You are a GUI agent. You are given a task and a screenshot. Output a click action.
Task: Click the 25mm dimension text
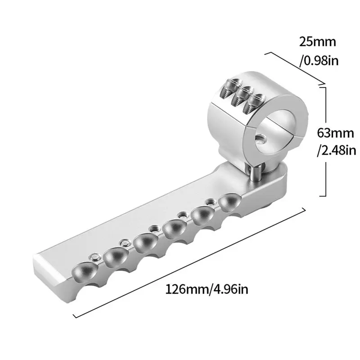[317, 42]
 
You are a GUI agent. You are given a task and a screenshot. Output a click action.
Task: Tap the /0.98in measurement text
[319, 61]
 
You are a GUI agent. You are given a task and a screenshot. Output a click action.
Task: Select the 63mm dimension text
[335, 133]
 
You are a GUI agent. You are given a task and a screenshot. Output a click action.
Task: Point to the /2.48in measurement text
[337, 151]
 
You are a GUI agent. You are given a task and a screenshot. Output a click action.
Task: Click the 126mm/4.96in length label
[207, 289]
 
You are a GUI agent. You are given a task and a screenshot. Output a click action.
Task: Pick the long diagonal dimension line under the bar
[189, 263]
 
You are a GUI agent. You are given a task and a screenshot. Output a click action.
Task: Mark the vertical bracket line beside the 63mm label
[325, 142]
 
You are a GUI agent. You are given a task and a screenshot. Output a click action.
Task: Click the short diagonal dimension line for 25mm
[295, 68]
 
